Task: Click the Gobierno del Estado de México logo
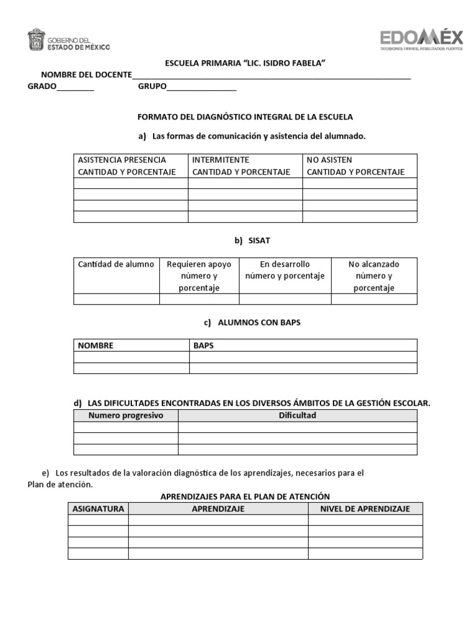pyautogui.click(x=69, y=40)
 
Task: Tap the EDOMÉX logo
pyautogui.click(x=421, y=40)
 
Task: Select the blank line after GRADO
pyautogui.click(x=75, y=88)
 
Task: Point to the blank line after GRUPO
pyautogui.click(x=201, y=88)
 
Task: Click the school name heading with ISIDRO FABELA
pyautogui.click(x=245, y=64)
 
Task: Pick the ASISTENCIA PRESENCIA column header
pyautogui.click(x=131, y=166)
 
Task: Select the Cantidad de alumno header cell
pyautogui.click(x=117, y=264)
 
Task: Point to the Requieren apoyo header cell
pyautogui.click(x=199, y=276)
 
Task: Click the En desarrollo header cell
pyautogui.click(x=285, y=270)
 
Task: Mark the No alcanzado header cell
pyautogui.click(x=374, y=276)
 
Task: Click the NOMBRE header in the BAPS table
pyautogui.click(x=96, y=345)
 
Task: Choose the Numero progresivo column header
pyautogui.click(x=126, y=415)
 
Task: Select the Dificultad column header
pyautogui.click(x=297, y=415)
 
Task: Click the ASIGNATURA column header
pyautogui.click(x=99, y=509)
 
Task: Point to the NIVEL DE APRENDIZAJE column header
pyautogui.click(x=365, y=509)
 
